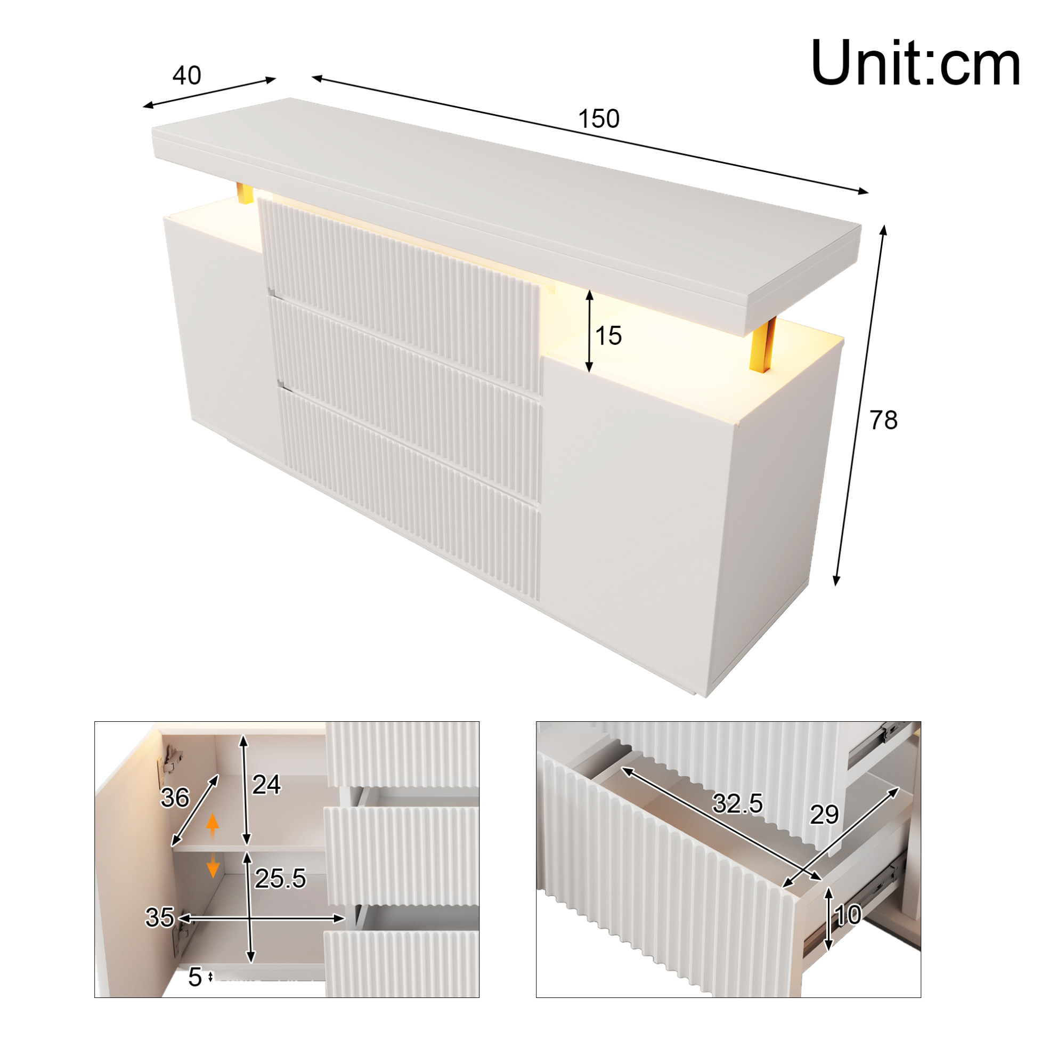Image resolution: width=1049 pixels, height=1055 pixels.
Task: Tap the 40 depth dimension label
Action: coord(186,75)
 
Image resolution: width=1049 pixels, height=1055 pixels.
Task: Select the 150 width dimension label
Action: coord(599,119)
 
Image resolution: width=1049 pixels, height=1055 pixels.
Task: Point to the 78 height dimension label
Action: coord(884,421)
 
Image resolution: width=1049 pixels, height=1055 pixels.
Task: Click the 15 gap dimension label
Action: coord(608,336)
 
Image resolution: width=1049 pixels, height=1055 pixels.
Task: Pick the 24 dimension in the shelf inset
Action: coord(266,785)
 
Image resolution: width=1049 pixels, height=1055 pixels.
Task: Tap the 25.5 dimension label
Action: coord(281,879)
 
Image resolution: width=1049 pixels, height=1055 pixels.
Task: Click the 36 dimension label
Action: coord(175,798)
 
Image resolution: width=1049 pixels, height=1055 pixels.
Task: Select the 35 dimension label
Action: coord(159,917)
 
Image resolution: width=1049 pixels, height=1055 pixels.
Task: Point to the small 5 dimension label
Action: coord(195,978)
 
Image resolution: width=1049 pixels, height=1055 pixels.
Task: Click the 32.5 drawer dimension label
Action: coord(737,803)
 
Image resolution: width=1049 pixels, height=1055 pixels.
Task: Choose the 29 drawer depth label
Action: coord(824,815)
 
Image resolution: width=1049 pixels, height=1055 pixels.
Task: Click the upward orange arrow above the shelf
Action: coord(213,827)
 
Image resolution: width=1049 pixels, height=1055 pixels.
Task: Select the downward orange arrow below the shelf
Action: coord(213,865)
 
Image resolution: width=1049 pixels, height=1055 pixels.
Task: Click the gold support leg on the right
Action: coord(763,345)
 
